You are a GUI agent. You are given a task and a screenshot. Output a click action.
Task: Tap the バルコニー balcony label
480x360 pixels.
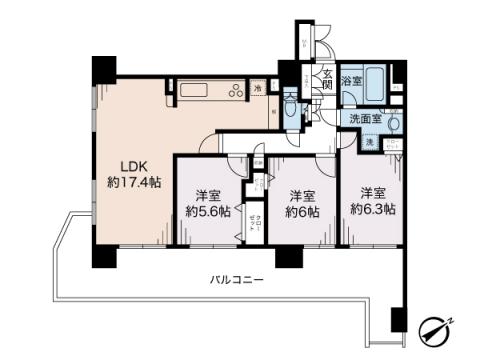pyautogui.click(x=236, y=281)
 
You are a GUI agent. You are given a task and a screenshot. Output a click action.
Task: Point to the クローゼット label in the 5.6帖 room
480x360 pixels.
pyautogui.click(x=258, y=224)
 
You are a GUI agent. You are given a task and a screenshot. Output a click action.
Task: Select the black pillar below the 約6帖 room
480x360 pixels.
pyautogui.click(x=288, y=256)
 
